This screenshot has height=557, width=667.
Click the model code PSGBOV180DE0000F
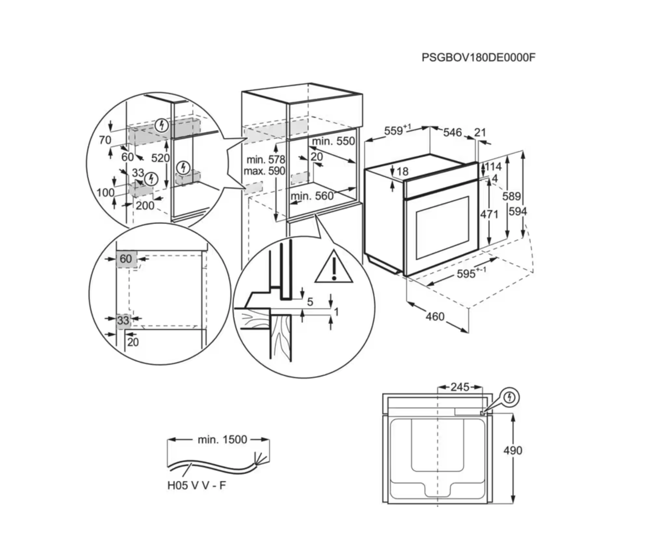click(x=478, y=58)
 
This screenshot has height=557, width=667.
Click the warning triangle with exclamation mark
click(x=333, y=268)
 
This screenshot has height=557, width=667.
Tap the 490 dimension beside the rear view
click(x=513, y=450)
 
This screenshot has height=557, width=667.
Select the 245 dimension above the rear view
click(x=460, y=387)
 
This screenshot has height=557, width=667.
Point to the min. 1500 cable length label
click(x=222, y=440)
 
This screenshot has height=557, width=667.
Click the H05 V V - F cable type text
click(x=197, y=485)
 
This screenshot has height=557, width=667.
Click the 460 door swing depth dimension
click(x=435, y=316)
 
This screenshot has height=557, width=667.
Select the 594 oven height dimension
click(x=518, y=211)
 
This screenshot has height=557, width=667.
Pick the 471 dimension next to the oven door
click(x=489, y=214)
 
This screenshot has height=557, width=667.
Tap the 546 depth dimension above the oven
click(x=452, y=132)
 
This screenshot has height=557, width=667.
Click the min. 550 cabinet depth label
click(x=333, y=141)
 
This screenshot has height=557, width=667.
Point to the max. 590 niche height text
click(x=264, y=171)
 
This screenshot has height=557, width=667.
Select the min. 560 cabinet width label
click(x=312, y=196)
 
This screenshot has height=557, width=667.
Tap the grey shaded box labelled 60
click(x=126, y=259)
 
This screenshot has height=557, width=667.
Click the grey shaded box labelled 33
click(x=123, y=321)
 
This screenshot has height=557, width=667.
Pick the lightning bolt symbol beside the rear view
click(x=510, y=397)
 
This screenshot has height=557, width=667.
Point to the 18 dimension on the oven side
click(x=402, y=172)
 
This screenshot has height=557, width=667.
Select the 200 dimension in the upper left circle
click(x=145, y=206)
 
